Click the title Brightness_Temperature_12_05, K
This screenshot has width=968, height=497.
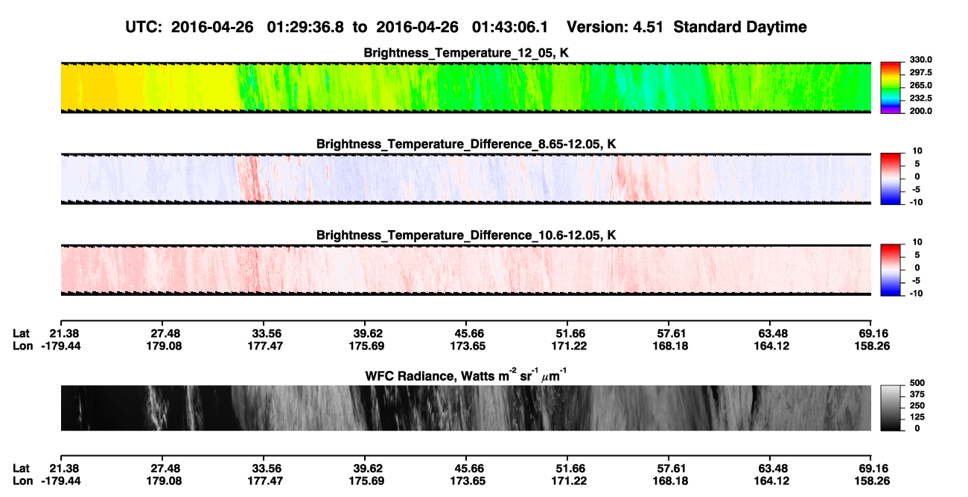coord(466,53)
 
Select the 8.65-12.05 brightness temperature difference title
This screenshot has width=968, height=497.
coord(466,144)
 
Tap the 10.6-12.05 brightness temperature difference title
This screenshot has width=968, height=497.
coord(466,235)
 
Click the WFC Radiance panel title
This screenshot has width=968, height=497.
coord(466,376)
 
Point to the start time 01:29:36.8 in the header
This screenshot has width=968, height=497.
coord(305,28)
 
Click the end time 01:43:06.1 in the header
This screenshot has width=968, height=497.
coord(510,28)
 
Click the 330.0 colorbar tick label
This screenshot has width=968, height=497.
coord(920,60)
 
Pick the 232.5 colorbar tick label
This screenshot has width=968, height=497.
coord(920,98)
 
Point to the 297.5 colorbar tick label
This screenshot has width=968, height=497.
coord(920,72)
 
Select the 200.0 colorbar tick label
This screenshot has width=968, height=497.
coord(920,111)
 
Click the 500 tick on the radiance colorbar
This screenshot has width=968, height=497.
coord(917,383)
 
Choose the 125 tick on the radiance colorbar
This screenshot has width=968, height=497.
coord(917,417)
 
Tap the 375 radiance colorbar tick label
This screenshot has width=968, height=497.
coord(917,394)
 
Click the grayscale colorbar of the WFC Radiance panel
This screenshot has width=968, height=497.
coord(891,408)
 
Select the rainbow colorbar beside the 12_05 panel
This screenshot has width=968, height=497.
coord(891,88)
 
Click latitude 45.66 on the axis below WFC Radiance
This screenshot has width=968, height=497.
coord(469,469)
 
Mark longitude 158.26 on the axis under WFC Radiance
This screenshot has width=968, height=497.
coord(872,481)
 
